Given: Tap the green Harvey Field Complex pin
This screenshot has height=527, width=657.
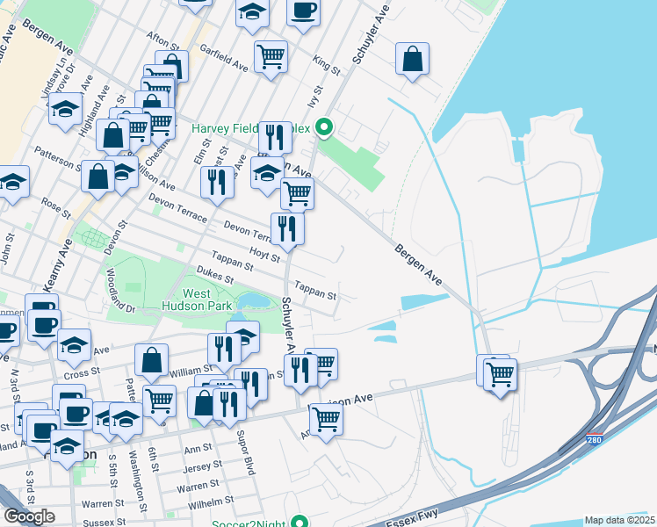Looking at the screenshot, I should tap(324, 129).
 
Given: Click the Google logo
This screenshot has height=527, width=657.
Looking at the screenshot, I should tap(29, 516).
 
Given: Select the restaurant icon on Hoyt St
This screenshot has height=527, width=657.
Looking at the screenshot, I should tap(287, 228).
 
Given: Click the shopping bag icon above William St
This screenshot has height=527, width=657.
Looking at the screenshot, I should tap(152, 359).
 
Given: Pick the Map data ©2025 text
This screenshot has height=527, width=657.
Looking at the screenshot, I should tap(620, 520).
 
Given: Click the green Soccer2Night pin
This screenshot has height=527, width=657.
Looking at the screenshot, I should tap(300, 523).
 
